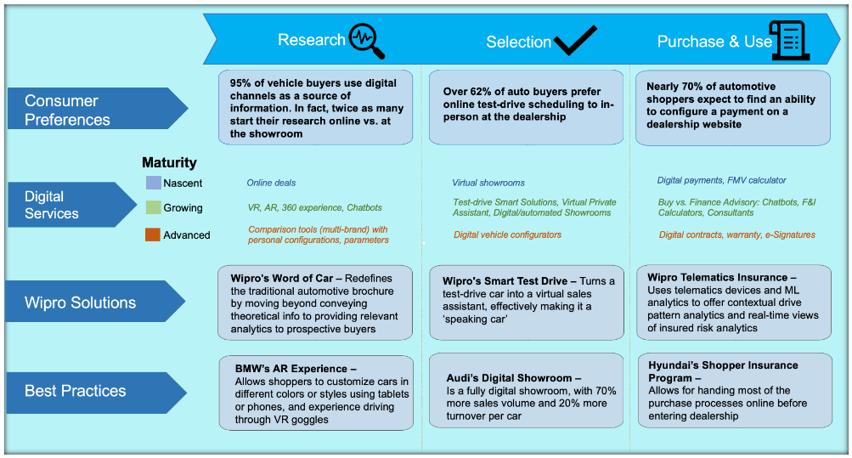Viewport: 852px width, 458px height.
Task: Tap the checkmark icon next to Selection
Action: click(x=575, y=40)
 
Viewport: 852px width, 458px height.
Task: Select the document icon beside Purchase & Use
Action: click(x=789, y=40)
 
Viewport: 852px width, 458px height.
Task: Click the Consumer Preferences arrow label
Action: click(x=93, y=110)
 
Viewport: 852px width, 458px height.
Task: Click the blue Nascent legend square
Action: click(x=153, y=183)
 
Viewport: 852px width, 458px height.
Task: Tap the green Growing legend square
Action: click(x=153, y=207)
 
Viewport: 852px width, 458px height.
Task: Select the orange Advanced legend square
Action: click(x=153, y=235)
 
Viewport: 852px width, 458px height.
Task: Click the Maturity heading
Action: click(x=169, y=162)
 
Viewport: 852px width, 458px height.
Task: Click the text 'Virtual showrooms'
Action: click(x=488, y=183)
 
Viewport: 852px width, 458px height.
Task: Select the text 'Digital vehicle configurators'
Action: click(x=507, y=235)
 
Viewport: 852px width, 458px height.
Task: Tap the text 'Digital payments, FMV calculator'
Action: click(x=721, y=180)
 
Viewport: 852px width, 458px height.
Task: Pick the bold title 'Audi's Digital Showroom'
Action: click(x=513, y=378)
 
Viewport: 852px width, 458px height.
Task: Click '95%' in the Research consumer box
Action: click(x=243, y=83)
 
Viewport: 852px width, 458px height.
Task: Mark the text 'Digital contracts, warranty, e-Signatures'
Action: click(x=736, y=235)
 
